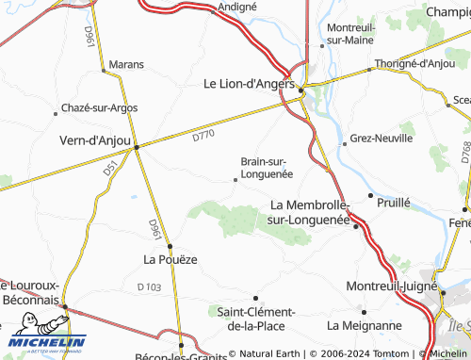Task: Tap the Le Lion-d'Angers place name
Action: point(250,83)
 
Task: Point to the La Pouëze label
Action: point(170,258)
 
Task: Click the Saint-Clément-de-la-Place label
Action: point(256,319)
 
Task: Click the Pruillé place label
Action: point(393,202)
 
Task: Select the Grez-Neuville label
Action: point(381,138)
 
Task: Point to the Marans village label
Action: point(126,64)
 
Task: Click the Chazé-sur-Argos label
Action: point(99,108)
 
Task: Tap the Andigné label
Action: point(236,6)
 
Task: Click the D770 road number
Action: point(203,138)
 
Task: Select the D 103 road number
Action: point(149,286)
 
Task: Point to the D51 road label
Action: point(110,171)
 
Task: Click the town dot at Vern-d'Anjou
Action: point(137,147)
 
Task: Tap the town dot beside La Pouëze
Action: point(170,246)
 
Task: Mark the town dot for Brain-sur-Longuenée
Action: point(235,179)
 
